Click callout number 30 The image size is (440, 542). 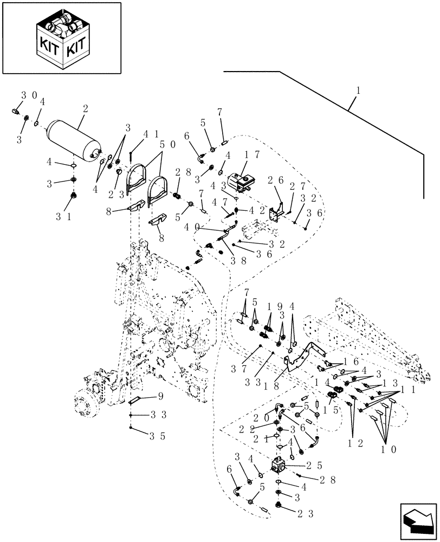(x=29, y=95)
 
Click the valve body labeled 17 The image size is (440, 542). (x=242, y=180)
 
